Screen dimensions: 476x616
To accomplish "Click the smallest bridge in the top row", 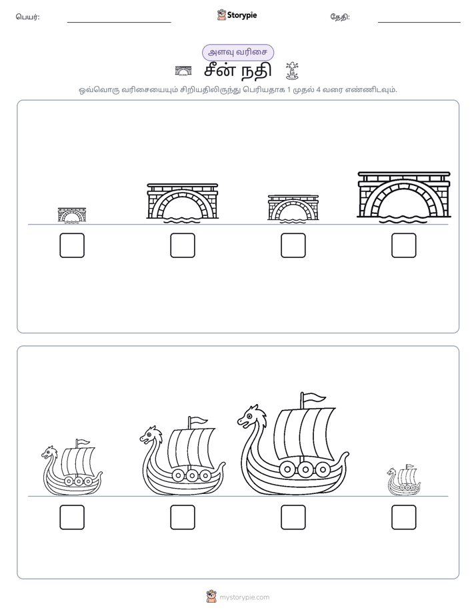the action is click(x=72, y=215).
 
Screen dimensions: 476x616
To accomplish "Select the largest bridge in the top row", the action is click(x=404, y=197).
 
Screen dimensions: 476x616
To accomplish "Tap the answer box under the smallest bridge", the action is click(x=72, y=245).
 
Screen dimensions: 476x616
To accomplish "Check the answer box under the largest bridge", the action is click(x=404, y=245).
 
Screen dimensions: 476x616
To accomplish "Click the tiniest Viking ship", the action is click(x=404, y=480).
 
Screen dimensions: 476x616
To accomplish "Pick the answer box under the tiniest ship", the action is click(x=404, y=517).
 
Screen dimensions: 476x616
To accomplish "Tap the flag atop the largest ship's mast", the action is click(x=314, y=398).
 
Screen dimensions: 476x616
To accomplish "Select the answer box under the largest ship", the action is click(x=293, y=517).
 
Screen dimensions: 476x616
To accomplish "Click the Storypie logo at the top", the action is click(x=237, y=15).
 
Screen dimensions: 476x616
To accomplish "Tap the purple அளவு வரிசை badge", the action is click(x=237, y=52).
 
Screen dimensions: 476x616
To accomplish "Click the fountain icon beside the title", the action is click(x=292, y=71).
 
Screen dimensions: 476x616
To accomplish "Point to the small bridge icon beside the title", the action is click(x=183, y=71).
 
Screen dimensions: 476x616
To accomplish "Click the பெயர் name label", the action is click(x=28, y=17).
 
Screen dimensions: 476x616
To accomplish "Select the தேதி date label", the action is click(x=340, y=17).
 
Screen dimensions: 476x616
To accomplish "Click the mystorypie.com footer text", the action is click(x=244, y=597).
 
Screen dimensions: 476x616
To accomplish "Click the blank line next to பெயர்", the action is click(x=119, y=23).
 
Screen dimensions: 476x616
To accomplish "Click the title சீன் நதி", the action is click(x=237, y=71).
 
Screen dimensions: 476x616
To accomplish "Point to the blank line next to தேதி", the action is click(x=419, y=23).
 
